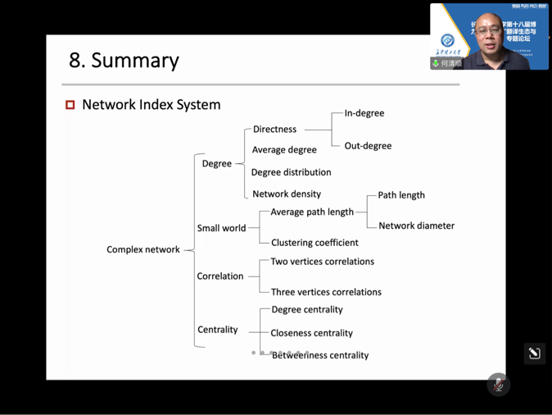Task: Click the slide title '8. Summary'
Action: [x=124, y=61]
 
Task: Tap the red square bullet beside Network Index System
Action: [x=70, y=105]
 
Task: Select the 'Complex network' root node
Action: [x=143, y=249]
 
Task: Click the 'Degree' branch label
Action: [x=216, y=163]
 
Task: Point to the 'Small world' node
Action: [x=221, y=228]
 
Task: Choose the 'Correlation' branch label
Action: [x=219, y=276]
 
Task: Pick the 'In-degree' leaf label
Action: [x=364, y=113]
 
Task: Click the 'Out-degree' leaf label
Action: [x=368, y=146]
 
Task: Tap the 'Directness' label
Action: [x=274, y=130]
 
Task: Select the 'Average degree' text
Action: [x=283, y=150]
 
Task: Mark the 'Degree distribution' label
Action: [x=291, y=172]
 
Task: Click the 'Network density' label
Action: [x=286, y=194]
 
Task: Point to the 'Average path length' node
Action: [x=312, y=212]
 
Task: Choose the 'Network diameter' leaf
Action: [x=416, y=226]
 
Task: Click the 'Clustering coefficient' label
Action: [x=314, y=243]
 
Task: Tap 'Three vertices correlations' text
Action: [x=326, y=292]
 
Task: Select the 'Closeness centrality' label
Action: [x=311, y=333]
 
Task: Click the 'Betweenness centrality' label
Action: [x=319, y=355]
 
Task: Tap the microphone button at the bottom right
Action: [x=498, y=385]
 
